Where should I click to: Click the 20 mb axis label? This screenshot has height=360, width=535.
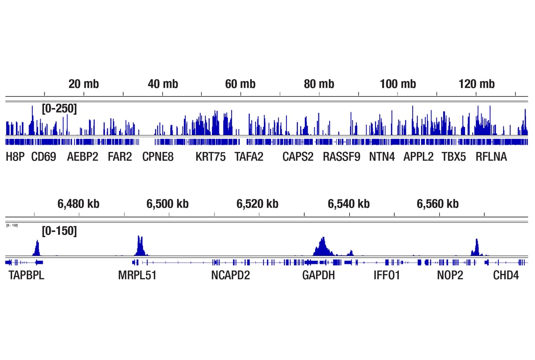(83, 84)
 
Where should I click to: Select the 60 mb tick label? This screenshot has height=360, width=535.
(240, 84)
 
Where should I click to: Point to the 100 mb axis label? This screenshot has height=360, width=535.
(398, 84)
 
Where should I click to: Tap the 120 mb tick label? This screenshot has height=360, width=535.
(476, 84)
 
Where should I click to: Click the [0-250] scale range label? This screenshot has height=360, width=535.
(59, 109)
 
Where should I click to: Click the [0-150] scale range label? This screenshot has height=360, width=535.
(59, 231)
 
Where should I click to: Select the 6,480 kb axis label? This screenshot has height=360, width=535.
(78, 204)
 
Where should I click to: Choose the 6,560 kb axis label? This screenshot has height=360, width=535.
(437, 204)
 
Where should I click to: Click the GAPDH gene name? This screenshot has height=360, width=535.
(318, 275)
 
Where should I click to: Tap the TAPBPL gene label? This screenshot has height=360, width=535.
(26, 275)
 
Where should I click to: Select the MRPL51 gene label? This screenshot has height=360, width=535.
(137, 275)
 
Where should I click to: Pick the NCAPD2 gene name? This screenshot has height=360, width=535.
(230, 275)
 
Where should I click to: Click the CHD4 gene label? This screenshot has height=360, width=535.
(505, 275)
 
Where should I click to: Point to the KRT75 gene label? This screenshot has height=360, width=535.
(210, 157)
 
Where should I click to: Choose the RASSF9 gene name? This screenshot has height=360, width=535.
(341, 157)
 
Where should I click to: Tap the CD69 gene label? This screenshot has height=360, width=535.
(44, 157)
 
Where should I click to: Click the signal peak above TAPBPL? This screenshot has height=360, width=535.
(38, 248)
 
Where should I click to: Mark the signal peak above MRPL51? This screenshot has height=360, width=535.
(139, 246)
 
